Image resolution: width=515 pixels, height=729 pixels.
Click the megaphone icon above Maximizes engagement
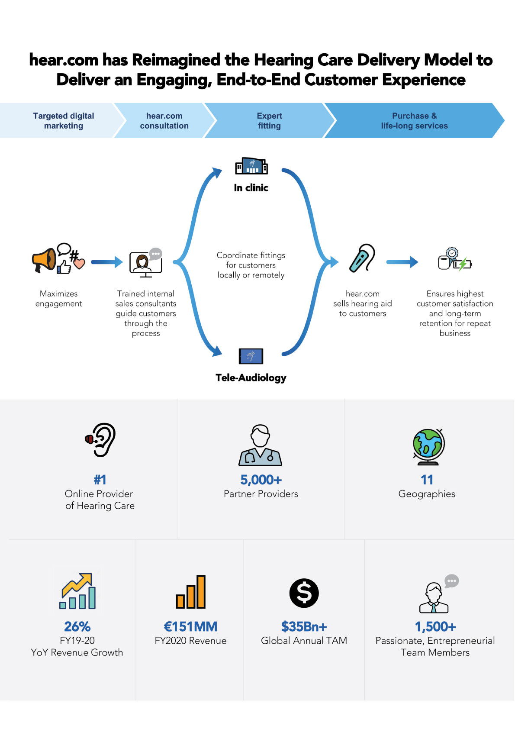point(44,259)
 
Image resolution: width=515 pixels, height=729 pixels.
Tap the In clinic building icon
point(251,166)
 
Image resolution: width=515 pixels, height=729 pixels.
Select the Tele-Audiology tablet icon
point(251,356)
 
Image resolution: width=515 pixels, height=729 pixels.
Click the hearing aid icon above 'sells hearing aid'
point(362,258)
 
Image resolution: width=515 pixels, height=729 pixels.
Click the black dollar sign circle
point(304,593)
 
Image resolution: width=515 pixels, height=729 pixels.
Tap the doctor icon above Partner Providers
point(260,445)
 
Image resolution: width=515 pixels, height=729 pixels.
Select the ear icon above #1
point(100,440)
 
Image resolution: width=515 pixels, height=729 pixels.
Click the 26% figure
point(77,626)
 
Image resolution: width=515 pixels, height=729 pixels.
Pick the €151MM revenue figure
point(190,626)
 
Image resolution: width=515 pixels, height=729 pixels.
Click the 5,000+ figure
point(261,479)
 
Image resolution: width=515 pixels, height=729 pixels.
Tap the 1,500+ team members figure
point(435,626)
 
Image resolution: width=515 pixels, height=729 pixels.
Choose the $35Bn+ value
point(304,626)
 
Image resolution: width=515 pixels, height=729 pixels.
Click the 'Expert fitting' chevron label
point(269,120)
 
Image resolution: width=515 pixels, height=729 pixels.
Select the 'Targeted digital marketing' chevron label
point(64,120)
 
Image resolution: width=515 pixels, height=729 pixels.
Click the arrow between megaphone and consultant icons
point(107,261)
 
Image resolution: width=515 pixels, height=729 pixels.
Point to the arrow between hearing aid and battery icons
point(402,261)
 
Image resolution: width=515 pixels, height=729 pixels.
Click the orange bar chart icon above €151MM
point(191,592)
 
